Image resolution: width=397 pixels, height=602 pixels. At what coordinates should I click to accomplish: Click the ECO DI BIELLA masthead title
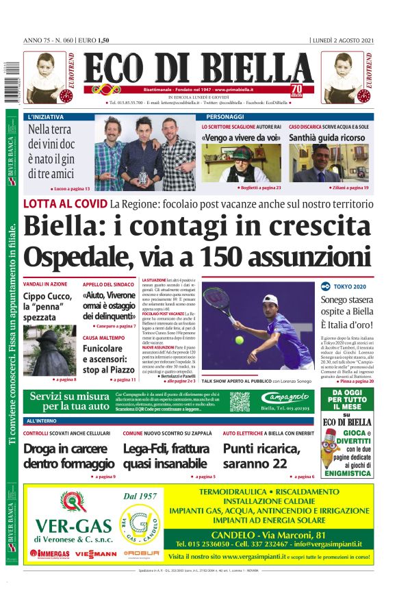198,69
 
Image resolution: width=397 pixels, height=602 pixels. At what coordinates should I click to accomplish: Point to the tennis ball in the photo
238,340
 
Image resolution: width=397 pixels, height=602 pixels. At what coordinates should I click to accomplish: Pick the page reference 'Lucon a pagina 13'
71,188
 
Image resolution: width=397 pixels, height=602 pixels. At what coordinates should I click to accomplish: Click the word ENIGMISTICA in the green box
348,472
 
